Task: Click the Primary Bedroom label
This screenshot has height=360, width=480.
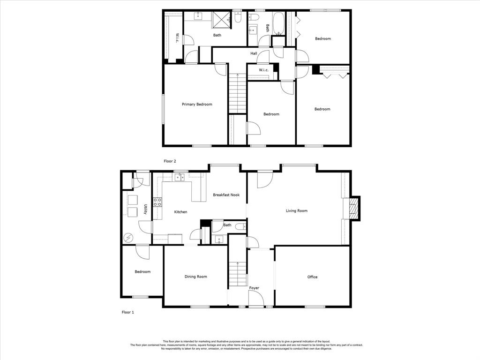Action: [x=197, y=105]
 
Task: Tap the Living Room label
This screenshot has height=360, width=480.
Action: [x=297, y=210]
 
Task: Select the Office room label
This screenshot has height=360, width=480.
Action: [x=312, y=277]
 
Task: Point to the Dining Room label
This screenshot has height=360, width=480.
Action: [x=195, y=277]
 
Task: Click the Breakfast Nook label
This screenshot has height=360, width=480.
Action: [x=226, y=195]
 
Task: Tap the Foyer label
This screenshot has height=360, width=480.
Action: [x=254, y=288]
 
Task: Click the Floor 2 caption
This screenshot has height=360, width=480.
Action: [x=170, y=161]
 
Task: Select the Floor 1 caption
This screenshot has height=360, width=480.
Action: [x=128, y=312]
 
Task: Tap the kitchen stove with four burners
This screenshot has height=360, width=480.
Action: [x=157, y=202]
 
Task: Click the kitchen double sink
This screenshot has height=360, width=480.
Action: [x=179, y=177]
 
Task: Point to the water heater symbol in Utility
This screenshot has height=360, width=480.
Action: [x=128, y=238]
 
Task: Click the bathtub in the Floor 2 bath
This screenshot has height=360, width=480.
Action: [x=278, y=23]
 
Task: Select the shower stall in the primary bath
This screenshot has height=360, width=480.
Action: [x=222, y=21]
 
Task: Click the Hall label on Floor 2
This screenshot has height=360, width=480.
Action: [x=254, y=53]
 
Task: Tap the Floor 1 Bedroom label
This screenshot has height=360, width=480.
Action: [x=142, y=271]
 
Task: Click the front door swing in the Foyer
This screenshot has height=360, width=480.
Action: [x=256, y=298]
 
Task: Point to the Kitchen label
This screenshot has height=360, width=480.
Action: [x=180, y=212]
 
